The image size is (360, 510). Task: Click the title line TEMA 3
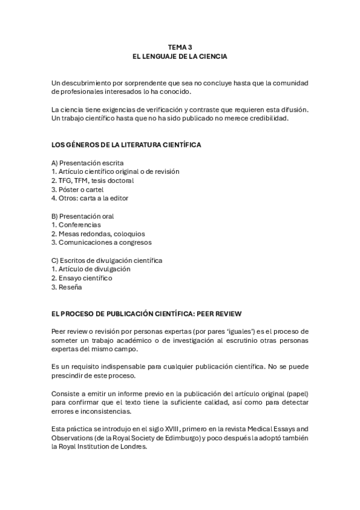[x=180, y=46]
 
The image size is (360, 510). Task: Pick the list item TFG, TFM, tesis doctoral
[x=93, y=180]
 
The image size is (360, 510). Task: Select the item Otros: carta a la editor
[x=90, y=198]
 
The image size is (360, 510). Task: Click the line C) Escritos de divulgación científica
[x=107, y=260]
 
